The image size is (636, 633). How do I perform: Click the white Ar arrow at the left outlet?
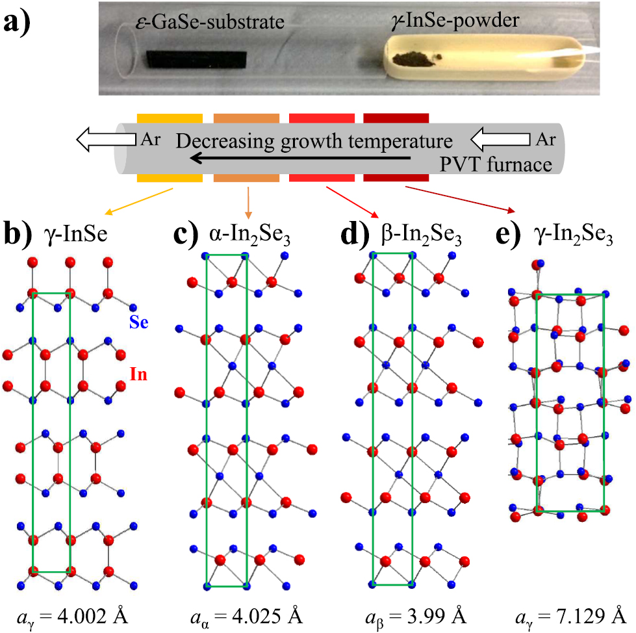[107, 138]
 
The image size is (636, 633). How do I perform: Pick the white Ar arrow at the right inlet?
[500, 138]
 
